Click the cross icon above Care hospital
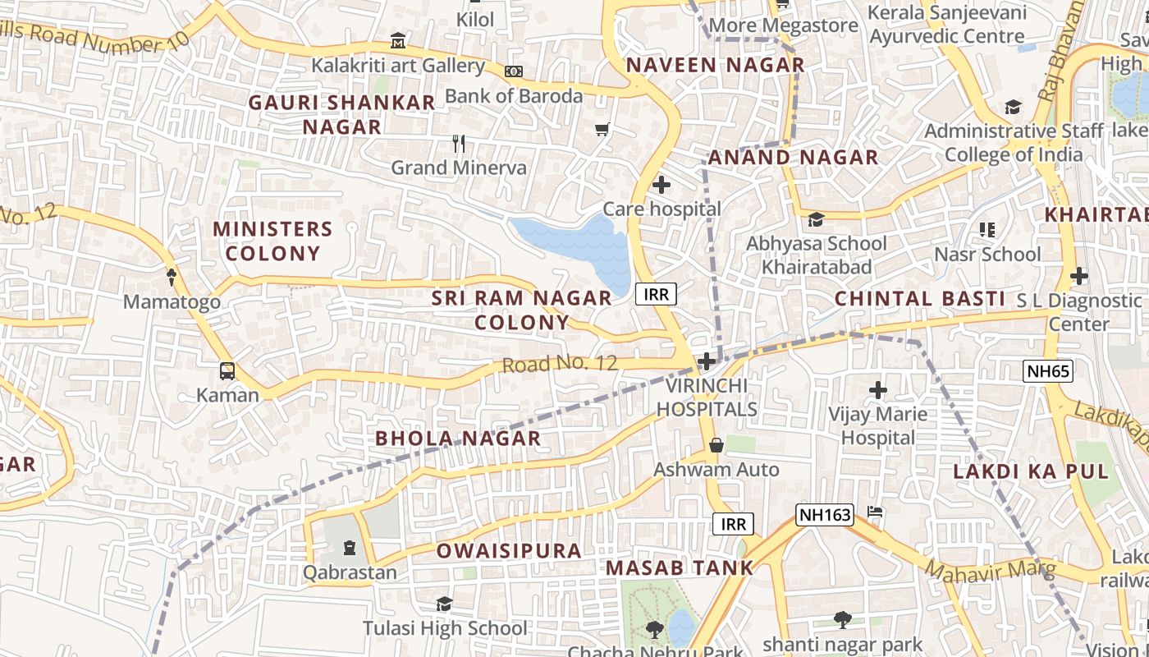[661, 185]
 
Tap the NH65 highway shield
[1048, 371]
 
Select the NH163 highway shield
[825, 515]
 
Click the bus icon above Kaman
[227, 370]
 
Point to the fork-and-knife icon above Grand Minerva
[459, 144]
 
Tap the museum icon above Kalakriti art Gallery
[398, 40]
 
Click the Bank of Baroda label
[514, 96]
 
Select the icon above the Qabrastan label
[350, 547]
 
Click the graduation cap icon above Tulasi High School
[444, 604]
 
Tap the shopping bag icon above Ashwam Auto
[716, 445]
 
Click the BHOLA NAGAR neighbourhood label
[458, 439]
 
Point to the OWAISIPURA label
[509, 550]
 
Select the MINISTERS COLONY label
[272, 241]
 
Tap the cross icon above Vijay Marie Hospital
[877, 389]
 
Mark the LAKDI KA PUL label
[1031, 471]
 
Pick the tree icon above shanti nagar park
[842, 619]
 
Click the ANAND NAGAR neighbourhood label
[793, 157]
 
